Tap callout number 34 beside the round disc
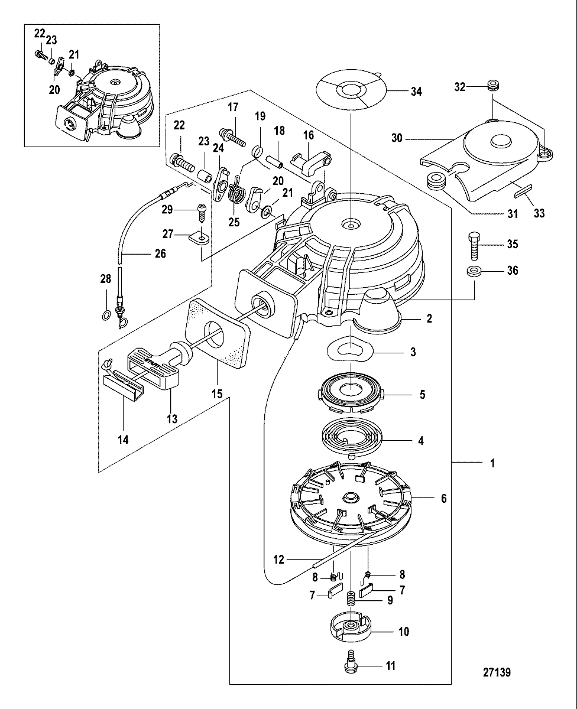417,92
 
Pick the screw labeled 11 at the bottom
349,665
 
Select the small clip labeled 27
198,238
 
